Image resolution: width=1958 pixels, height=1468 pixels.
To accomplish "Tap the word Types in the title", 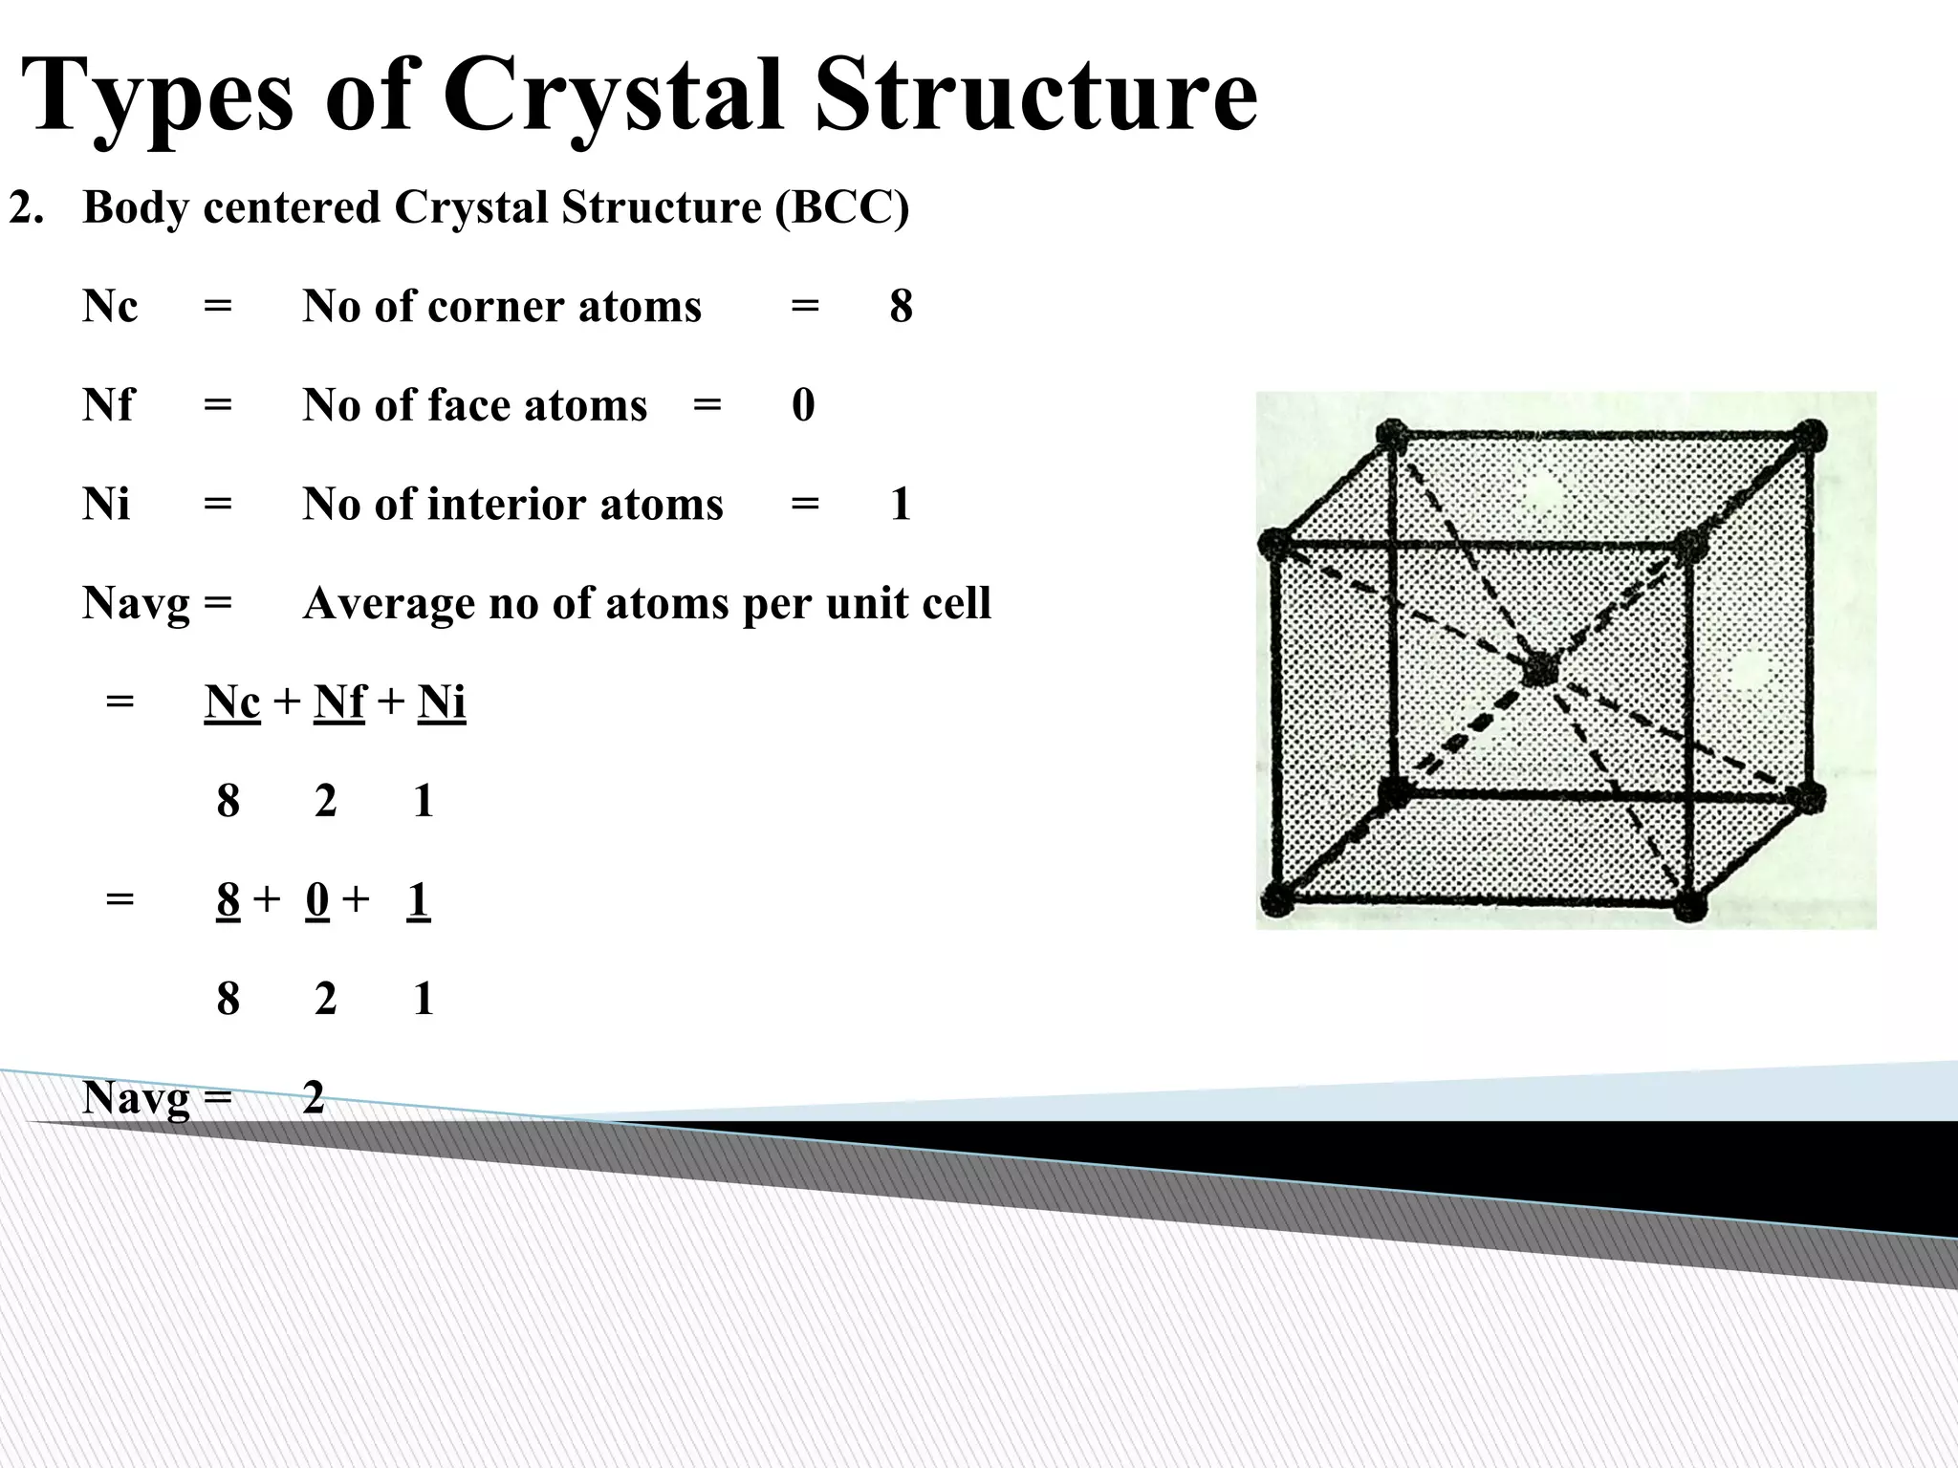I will tap(157, 96).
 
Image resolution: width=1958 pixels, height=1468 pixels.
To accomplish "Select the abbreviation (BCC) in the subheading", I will tap(841, 207).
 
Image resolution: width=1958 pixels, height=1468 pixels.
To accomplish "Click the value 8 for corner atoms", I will tap(901, 307).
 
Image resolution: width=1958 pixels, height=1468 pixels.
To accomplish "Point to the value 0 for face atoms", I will tap(803, 405).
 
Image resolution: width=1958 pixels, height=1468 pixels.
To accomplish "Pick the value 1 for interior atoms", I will tap(901, 505).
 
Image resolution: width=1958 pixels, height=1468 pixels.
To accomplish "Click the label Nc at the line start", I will tap(110, 307).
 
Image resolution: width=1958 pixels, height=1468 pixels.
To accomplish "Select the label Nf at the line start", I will tap(108, 405).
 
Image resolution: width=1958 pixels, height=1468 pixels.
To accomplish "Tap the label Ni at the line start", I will tap(106, 505).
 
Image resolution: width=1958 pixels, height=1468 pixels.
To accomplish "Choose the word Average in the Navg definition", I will tap(387, 604).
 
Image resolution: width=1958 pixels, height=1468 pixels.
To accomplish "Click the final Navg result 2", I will tap(314, 1098).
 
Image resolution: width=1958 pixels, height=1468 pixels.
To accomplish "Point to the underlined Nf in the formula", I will tap(339, 702).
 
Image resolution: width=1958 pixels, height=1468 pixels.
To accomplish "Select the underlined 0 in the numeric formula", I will tap(317, 900).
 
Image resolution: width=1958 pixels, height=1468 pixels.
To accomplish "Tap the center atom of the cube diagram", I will tap(1538, 670).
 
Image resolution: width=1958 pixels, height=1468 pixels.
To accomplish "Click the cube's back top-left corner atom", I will tap(1392, 435).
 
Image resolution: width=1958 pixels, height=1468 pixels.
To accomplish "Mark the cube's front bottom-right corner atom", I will tap(1689, 903).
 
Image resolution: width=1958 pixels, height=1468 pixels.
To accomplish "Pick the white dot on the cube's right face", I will tap(1749, 670).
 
